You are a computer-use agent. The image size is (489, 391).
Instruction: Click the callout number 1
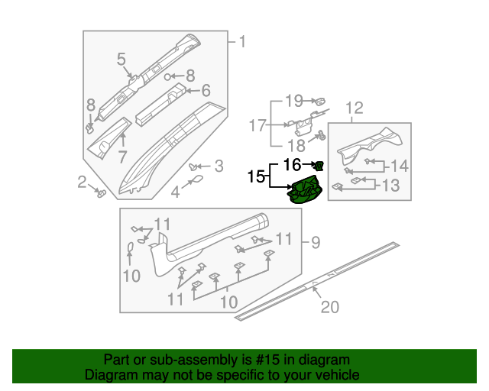[242, 41]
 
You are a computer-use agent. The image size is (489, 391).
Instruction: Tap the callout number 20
[329, 307]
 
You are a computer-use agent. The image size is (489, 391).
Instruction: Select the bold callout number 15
[255, 176]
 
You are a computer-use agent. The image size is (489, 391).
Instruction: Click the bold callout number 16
[293, 164]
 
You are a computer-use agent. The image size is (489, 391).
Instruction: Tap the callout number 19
[294, 100]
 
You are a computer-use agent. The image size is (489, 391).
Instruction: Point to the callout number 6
[205, 90]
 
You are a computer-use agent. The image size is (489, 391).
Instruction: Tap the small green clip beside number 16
[319, 164]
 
